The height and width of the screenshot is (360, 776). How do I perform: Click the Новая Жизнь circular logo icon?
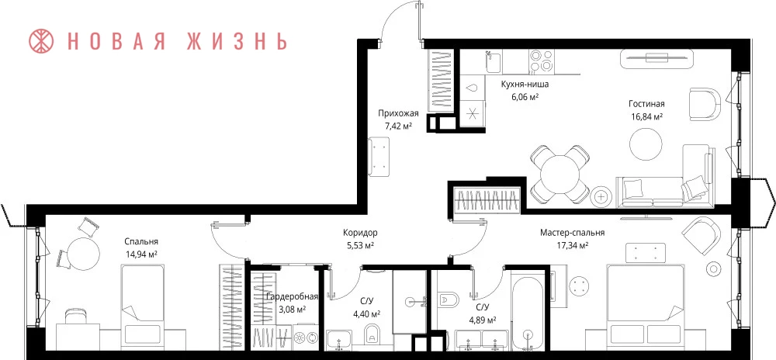click(43, 42)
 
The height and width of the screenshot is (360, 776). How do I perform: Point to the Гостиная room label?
click(646, 104)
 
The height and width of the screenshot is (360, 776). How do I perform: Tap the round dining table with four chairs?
click(559, 174)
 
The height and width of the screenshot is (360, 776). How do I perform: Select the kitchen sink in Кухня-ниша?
click(493, 62)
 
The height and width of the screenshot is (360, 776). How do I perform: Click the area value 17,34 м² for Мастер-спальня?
click(573, 245)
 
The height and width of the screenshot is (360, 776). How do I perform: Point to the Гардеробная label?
click(292, 296)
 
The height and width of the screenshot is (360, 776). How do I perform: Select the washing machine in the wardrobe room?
click(307, 337)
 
